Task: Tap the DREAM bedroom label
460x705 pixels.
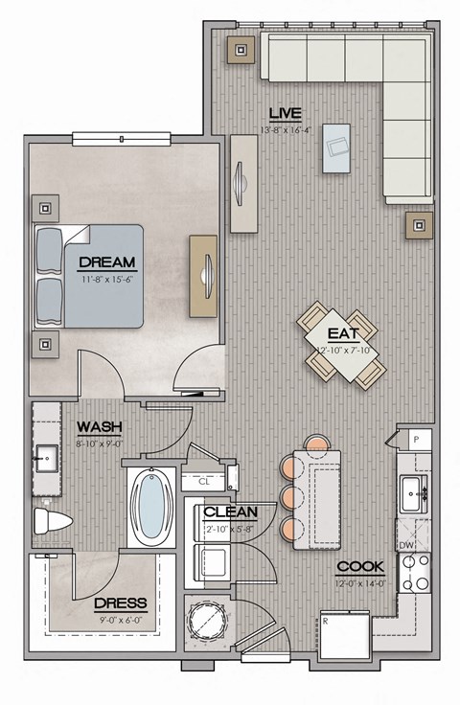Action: point(106,261)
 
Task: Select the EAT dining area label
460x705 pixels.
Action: point(343,334)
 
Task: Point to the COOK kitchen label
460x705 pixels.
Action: point(360,567)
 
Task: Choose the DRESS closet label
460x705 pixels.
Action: point(120,603)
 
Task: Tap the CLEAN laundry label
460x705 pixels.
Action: point(231,512)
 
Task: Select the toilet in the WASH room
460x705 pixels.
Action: point(50,522)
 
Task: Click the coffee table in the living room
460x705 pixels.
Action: point(336,148)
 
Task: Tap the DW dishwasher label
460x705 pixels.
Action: point(405,544)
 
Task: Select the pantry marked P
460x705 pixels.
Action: point(415,440)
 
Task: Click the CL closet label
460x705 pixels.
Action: point(204,481)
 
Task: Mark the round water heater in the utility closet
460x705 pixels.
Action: point(208,621)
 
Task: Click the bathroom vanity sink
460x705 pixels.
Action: point(44,460)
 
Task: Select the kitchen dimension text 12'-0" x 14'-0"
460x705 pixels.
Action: point(360,582)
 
